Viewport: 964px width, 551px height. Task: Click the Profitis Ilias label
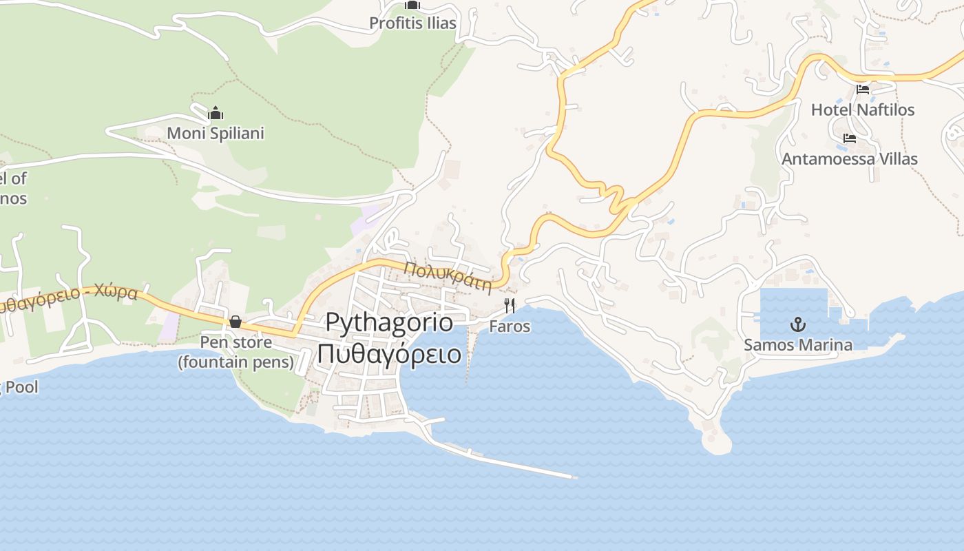(412, 23)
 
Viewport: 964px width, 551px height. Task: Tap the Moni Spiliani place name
(216, 133)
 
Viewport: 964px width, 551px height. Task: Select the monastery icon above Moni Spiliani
(216, 113)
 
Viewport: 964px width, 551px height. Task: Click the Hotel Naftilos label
(863, 110)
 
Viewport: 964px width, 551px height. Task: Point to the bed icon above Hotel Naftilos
(863, 90)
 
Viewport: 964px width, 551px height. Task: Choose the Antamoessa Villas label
(849, 159)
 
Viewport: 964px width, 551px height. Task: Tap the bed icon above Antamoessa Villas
(849, 138)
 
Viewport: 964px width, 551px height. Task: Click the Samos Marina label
(798, 345)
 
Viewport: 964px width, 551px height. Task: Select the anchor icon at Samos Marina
(798, 324)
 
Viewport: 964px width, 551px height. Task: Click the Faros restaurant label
(510, 326)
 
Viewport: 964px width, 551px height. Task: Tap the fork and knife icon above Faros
(510, 306)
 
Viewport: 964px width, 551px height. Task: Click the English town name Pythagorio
(389, 323)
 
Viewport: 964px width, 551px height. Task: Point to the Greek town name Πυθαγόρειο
(389, 354)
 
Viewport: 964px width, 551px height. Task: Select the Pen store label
(235, 342)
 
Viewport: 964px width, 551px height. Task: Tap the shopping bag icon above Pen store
(235, 322)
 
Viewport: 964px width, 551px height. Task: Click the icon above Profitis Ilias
(412, 5)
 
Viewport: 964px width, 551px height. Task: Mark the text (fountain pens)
(235, 362)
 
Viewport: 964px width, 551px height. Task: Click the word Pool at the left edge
(22, 387)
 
